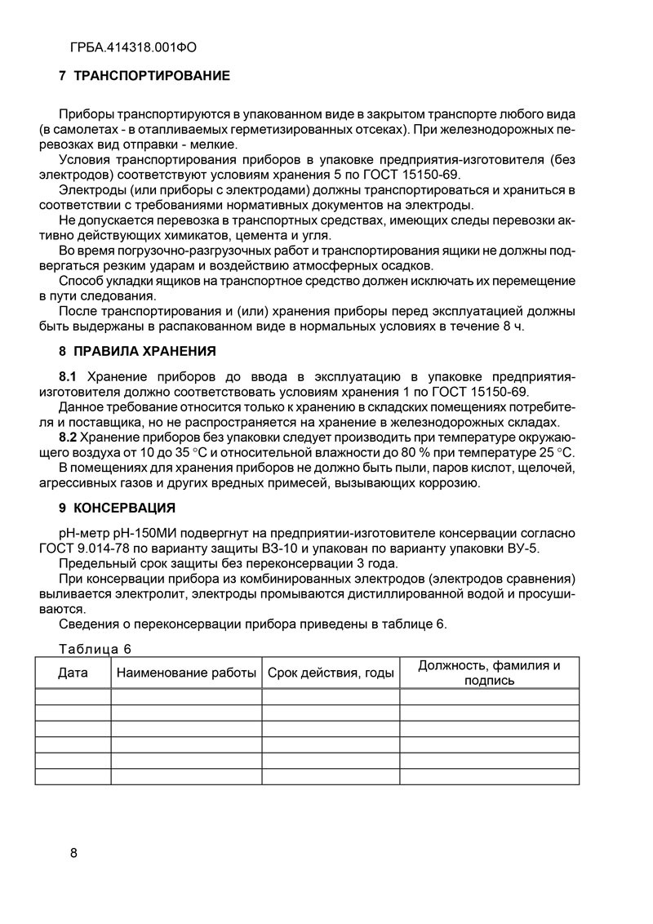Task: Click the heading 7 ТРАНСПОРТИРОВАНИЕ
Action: tap(144, 76)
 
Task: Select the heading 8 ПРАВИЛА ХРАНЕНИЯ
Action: tap(137, 352)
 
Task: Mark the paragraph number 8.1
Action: tap(69, 375)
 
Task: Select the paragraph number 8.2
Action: tap(69, 438)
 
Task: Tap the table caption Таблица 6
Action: tap(96, 649)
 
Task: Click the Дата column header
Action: tap(73, 673)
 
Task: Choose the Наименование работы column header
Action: tap(186, 673)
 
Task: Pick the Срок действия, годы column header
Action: tap(331, 673)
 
